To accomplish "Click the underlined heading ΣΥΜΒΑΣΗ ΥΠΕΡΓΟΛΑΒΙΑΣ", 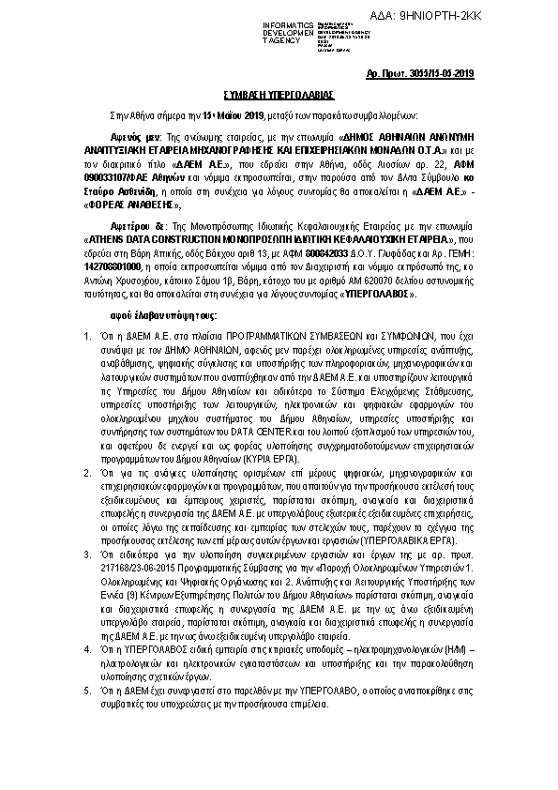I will click(278, 95).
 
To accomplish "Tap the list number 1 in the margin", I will click(86, 335).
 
